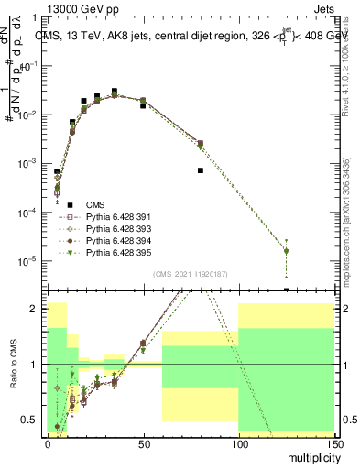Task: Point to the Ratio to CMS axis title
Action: pyautogui.click(x=13, y=365)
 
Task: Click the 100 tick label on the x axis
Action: pyautogui.click(x=237, y=442)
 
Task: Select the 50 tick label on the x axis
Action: pyautogui.click(x=142, y=442)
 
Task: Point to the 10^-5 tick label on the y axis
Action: pyautogui.click(x=28, y=261)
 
